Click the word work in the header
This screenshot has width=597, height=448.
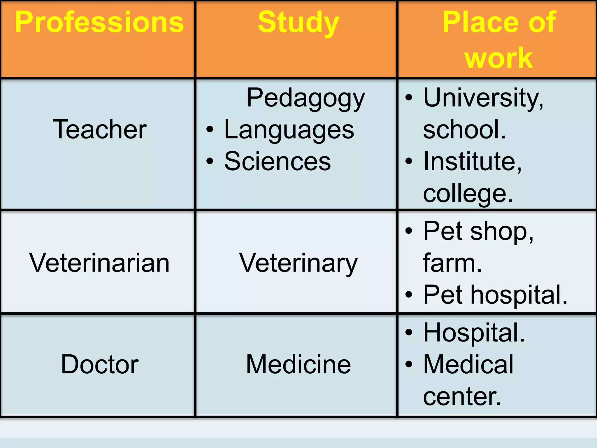tap(499, 58)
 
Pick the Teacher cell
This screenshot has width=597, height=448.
tap(99, 129)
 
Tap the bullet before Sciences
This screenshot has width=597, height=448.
tap(210, 161)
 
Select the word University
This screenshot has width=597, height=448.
tap(483, 98)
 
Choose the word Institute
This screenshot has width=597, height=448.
tap(472, 161)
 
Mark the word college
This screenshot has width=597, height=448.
tap(467, 193)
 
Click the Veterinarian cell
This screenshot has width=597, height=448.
tap(99, 263)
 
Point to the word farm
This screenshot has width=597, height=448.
tap(452, 263)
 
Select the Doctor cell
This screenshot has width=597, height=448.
tap(100, 364)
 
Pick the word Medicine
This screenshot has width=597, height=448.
tap(298, 364)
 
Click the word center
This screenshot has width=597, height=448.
tap(462, 396)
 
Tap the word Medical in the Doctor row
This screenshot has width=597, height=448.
tap(468, 364)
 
